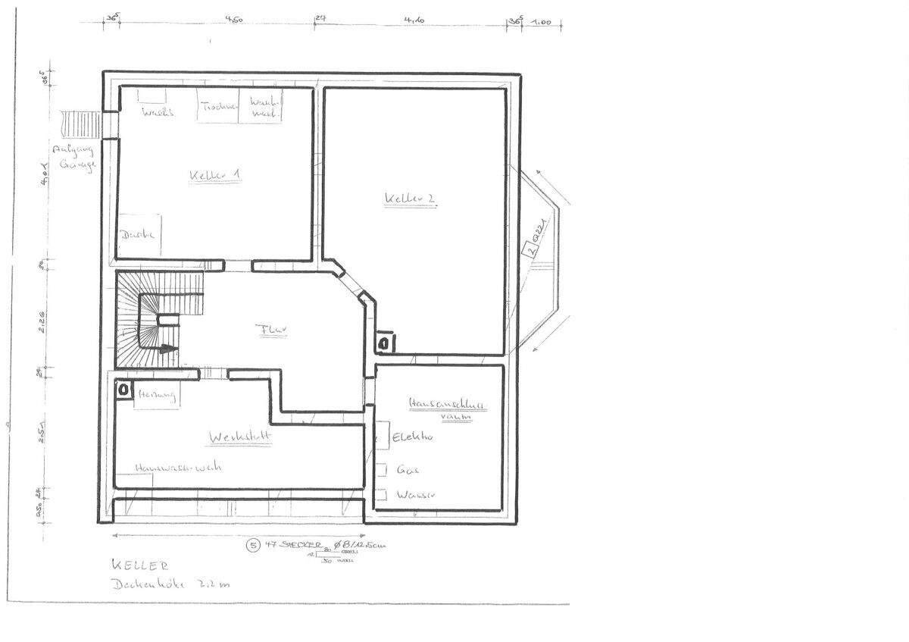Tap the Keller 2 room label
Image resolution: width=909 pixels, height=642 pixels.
click(x=409, y=199)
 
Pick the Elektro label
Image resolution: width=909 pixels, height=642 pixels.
click(x=412, y=437)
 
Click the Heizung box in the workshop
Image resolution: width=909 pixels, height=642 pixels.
click(x=156, y=396)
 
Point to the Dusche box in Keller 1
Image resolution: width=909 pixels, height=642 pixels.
click(x=138, y=235)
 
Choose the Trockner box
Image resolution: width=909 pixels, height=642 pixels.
click(x=218, y=107)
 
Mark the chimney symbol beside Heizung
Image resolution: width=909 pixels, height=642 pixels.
click(x=123, y=390)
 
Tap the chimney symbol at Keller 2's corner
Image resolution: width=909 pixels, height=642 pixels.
click(x=385, y=343)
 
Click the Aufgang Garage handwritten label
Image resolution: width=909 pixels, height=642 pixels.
click(x=73, y=157)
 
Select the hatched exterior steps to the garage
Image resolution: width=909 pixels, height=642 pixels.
click(x=80, y=122)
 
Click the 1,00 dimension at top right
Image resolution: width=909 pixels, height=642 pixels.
click(x=541, y=22)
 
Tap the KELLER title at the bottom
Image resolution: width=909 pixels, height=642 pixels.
click(x=139, y=565)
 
